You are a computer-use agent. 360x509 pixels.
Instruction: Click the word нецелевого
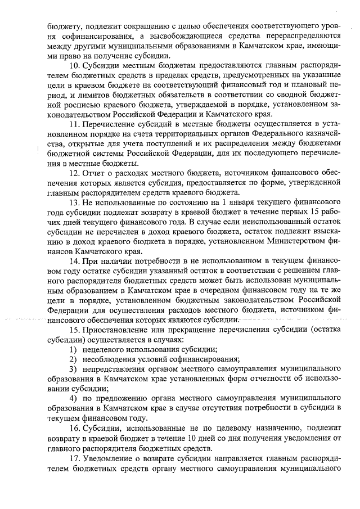tap(107, 350)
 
